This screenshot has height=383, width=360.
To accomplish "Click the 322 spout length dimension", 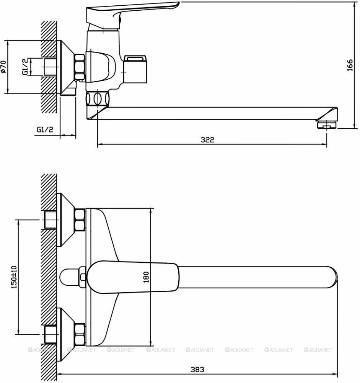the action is point(207,140).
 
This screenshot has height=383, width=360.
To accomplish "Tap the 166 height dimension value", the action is point(350,65).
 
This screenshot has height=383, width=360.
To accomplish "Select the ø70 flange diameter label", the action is point(3,67).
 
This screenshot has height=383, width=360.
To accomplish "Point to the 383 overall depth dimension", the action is point(197,369).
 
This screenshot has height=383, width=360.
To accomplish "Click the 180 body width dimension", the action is point(146,277).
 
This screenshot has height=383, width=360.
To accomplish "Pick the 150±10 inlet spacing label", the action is point(14,277).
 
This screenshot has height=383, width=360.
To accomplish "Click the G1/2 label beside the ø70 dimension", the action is point(25,67).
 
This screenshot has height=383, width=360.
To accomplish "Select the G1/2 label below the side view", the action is point(45,129).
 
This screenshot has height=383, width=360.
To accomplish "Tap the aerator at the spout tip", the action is point(327,124).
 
